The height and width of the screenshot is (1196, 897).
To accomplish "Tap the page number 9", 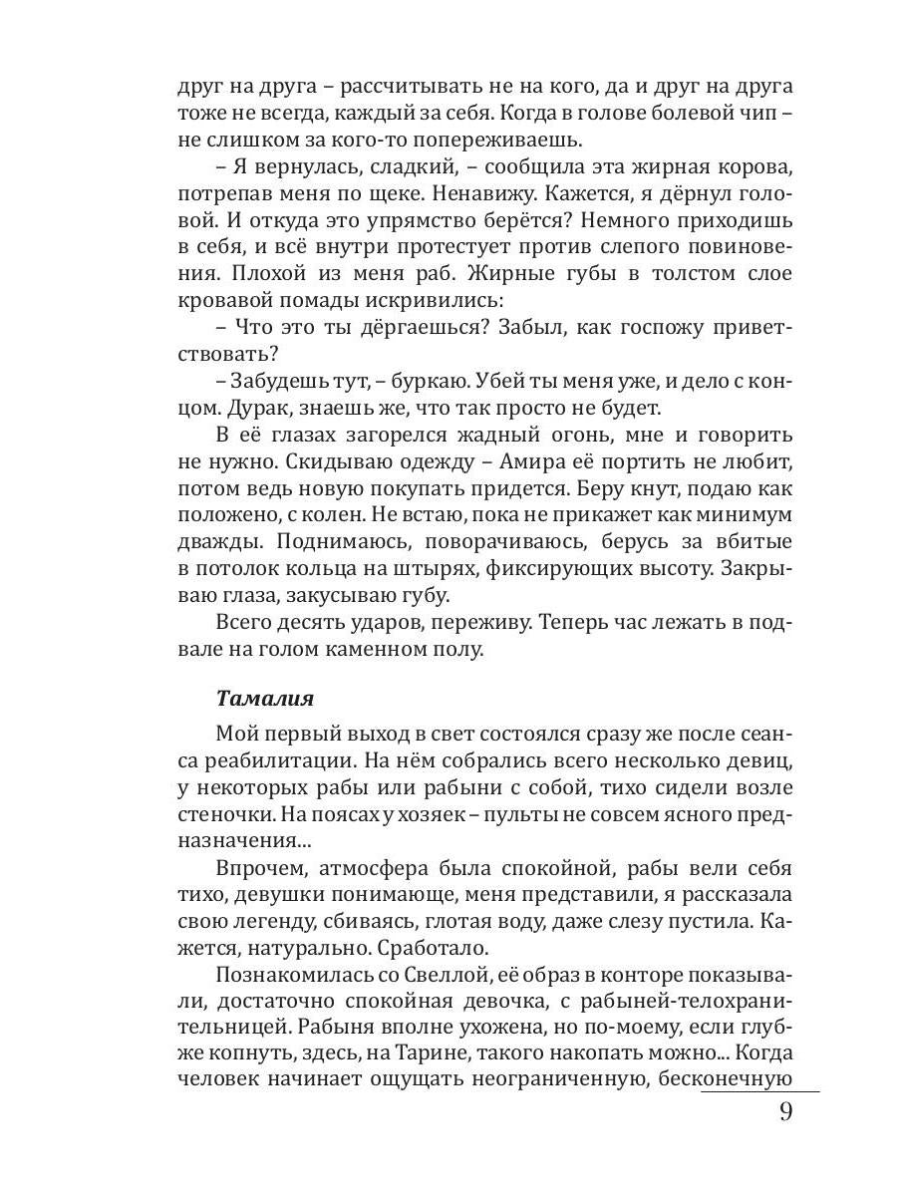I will coord(785,1112).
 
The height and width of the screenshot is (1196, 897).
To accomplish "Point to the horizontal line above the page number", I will coord(759,1092).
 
